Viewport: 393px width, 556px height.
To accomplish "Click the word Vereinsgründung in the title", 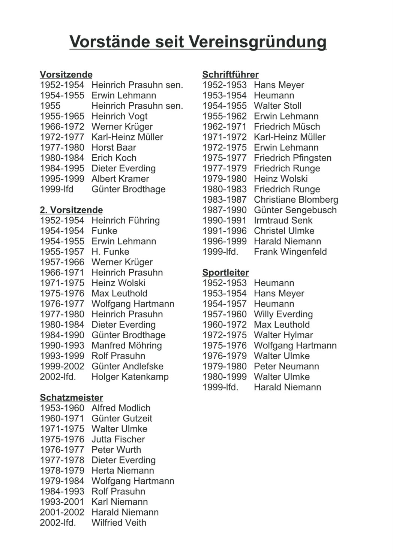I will (257, 42).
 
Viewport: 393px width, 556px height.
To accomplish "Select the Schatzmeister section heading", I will (71, 398).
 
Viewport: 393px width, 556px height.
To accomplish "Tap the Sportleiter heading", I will (225, 272).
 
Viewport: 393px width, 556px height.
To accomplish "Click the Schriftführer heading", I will (230, 75).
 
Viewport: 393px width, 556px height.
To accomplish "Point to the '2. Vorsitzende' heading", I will (71, 210).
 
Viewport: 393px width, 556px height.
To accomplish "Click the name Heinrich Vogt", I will (119, 117).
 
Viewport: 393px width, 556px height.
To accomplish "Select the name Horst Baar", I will (114, 148).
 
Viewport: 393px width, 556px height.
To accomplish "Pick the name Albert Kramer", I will (120, 179).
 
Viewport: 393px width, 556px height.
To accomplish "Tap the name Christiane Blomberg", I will (296, 200).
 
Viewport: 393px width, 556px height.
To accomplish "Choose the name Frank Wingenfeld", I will (290, 252).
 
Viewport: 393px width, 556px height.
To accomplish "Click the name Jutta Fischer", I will (118, 439).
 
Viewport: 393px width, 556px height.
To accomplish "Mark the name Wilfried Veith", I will (119, 523).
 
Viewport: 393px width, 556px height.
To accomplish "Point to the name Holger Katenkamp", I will (130, 377).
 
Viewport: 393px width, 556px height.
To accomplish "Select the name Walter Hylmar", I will (283, 335).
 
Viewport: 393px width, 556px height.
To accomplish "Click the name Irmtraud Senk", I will (283, 220).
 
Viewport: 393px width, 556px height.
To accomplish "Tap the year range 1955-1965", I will (62, 117).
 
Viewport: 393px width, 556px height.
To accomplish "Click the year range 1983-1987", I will (224, 200).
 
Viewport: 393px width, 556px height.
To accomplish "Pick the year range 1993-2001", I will (62, 502).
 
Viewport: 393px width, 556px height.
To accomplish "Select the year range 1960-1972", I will (224, 324).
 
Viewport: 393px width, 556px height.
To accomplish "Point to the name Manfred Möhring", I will (126, 345).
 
